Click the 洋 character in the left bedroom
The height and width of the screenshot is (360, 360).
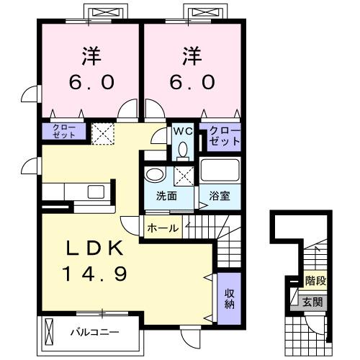pyautogui.click(x=89, y=54)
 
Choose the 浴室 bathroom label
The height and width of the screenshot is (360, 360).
pyautogui.click(x=220, y=197)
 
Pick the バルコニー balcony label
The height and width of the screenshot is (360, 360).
pyautogui.click(x=94, y=333)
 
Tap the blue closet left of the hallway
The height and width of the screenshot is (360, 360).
pyautogui.click(x=63, y=131)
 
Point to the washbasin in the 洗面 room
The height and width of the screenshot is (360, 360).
pyautogui.click(x=154, y=174)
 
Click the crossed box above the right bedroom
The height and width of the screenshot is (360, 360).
pyautogui.click(x=198, y=12)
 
